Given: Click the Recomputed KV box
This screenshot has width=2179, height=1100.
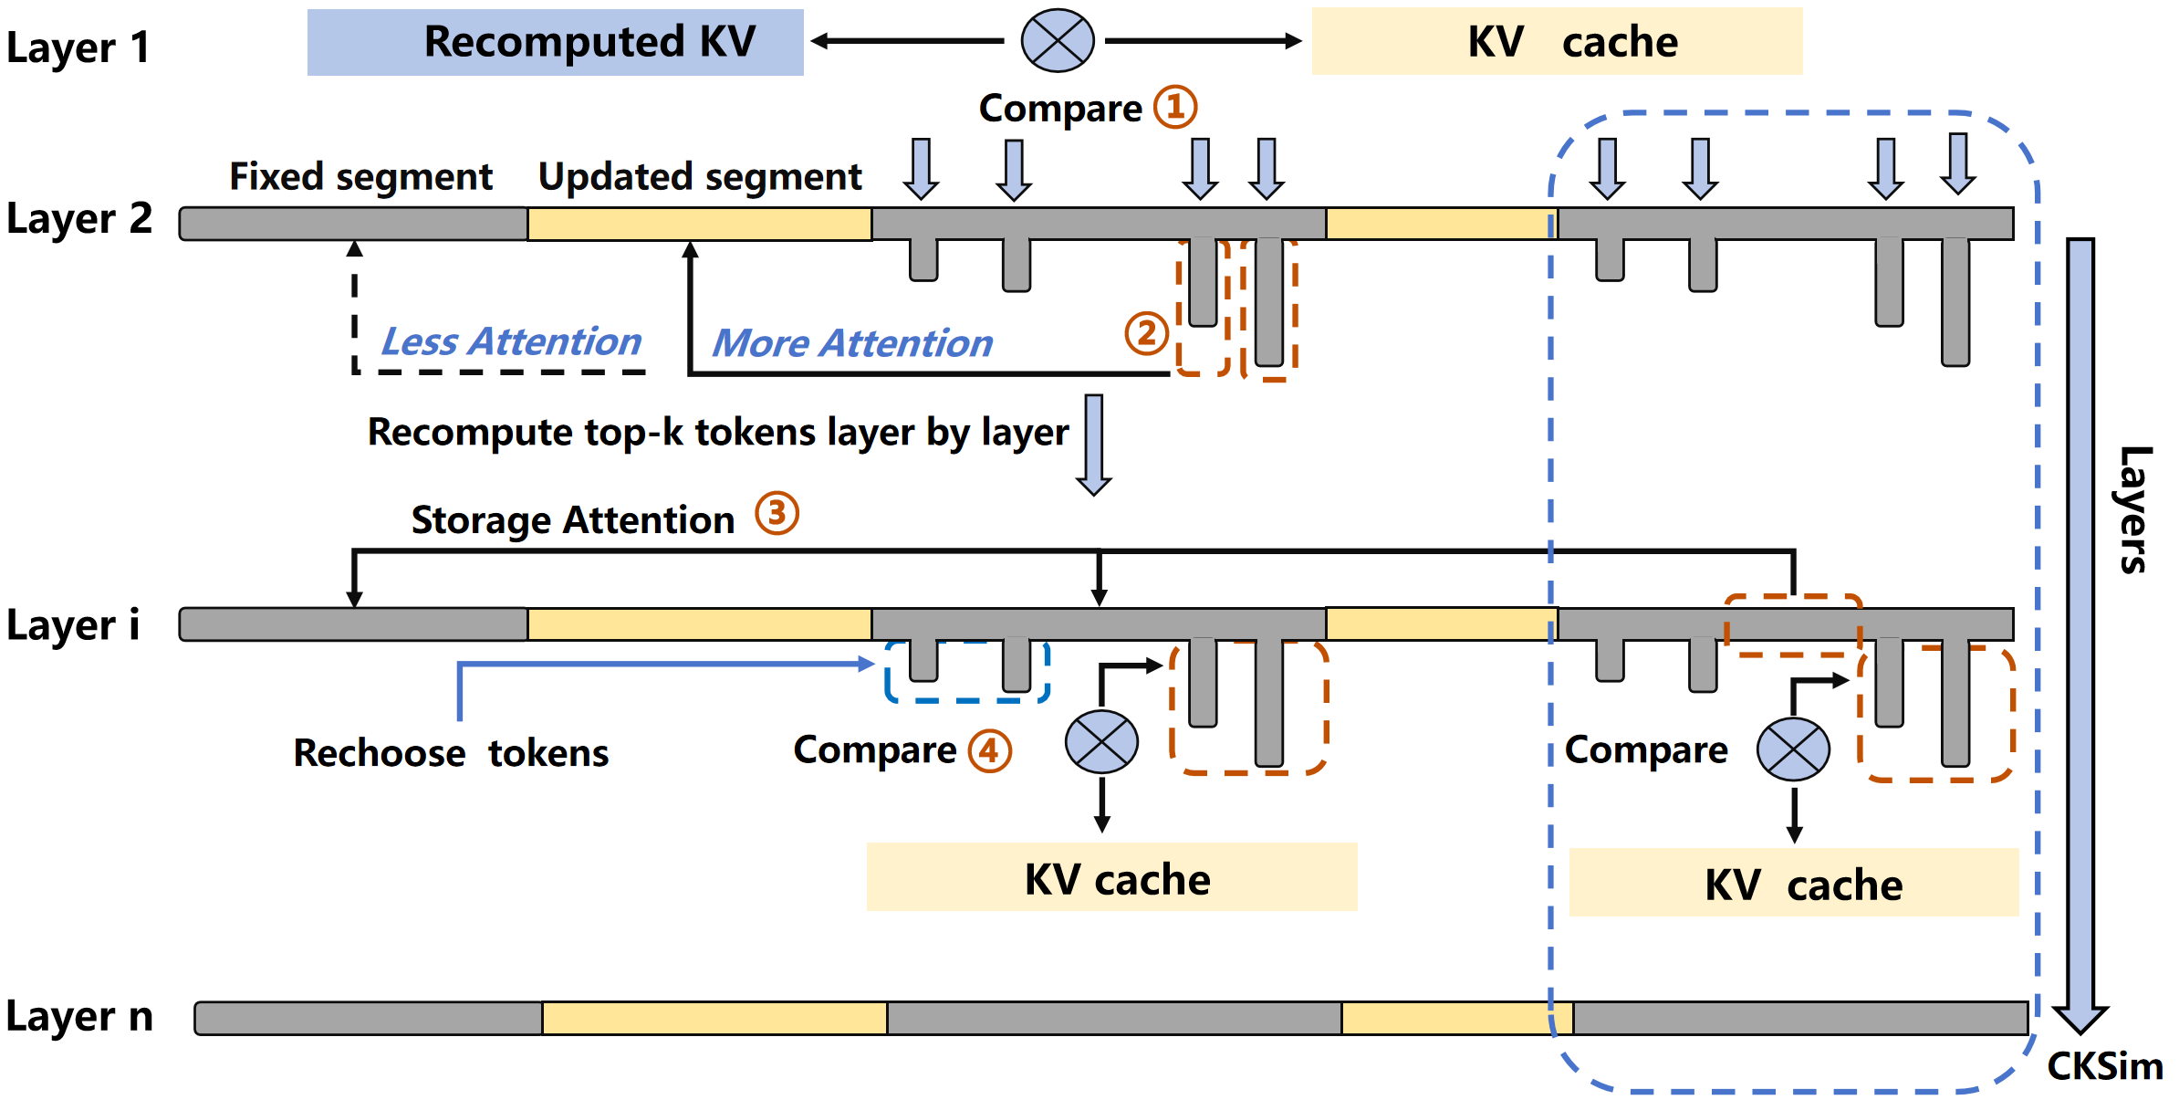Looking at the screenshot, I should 555,42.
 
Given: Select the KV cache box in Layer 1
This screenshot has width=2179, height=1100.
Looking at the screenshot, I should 1557,42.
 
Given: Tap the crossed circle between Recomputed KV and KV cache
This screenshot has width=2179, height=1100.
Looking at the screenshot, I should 1058,41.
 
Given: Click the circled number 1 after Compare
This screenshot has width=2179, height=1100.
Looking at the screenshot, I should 1175,107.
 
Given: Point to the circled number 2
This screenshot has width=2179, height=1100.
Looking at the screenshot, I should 1146,333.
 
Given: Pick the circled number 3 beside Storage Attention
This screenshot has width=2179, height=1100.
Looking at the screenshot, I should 777,514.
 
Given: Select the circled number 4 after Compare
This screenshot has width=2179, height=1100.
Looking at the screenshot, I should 990,751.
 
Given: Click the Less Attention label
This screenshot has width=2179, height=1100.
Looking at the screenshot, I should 511,341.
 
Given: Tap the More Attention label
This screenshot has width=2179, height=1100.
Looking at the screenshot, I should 851,343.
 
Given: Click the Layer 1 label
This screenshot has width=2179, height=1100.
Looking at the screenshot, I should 78,47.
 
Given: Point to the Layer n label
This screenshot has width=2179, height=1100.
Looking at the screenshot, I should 79,1016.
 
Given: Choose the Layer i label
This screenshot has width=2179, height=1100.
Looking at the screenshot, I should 73,625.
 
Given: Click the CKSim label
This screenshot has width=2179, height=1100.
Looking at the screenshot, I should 2104,1066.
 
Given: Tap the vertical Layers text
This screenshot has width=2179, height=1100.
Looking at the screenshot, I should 2133,509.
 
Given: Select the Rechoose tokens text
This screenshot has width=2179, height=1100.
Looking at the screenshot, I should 451,753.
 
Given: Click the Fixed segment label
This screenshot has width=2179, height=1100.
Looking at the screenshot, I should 360,176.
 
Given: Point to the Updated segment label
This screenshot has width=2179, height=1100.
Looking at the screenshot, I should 700,176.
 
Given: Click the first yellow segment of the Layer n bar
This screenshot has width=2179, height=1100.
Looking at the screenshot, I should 714,1018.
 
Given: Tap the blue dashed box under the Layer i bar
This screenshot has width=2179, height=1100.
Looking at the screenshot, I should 967,673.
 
